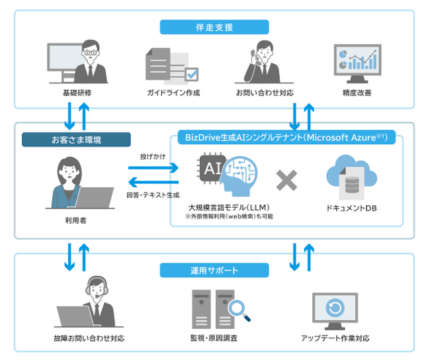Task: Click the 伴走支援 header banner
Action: point(214,27)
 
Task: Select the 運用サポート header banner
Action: point(214,271)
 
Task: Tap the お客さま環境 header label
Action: point(75,140)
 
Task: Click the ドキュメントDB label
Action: point(351,208)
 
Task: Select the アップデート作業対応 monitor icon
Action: point(334,309)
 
